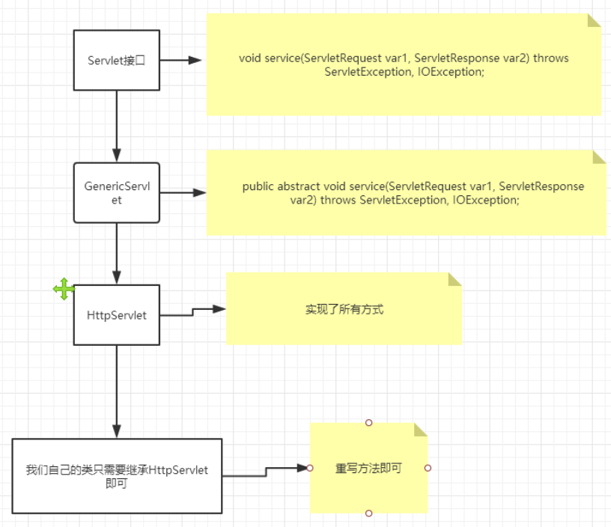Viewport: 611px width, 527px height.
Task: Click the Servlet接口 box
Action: [x=116, y=60]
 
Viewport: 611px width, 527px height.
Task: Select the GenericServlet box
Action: [x=116, y=192]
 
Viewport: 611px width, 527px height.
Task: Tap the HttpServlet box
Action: [x=116, y=315]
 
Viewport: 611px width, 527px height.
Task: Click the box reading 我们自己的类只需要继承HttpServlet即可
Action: [x=117, y=475]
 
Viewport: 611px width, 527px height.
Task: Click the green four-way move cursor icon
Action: [x=64, y=289]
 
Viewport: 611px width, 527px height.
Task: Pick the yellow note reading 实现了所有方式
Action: [x=344, y=308]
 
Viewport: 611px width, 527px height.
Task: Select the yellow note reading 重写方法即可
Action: [x=368, y=468]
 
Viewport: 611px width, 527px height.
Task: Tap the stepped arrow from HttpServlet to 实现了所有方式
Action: [x=193, y=311]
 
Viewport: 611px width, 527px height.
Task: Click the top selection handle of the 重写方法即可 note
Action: [x=368, y=423]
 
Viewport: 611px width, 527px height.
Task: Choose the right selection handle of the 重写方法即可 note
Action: [x=428, y=468]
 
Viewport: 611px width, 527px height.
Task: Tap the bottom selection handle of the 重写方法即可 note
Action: [x=368, y=514]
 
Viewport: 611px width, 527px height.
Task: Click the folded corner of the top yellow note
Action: [x=595, y=19]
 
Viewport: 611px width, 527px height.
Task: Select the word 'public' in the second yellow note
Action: [x=258, y=186]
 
